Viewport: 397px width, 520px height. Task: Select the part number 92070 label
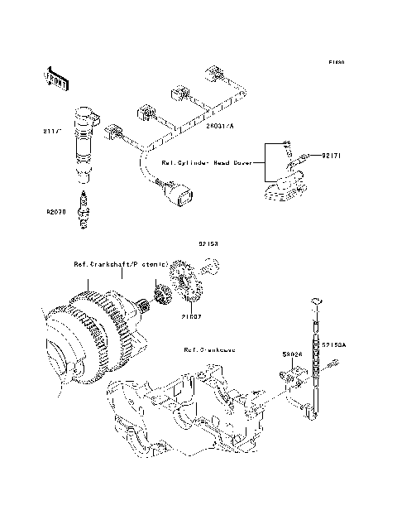[55, 212]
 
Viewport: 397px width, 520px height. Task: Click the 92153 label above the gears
[207, 245]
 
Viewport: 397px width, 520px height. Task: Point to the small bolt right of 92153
[209, 266]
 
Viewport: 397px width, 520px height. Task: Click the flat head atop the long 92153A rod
[314, 301]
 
